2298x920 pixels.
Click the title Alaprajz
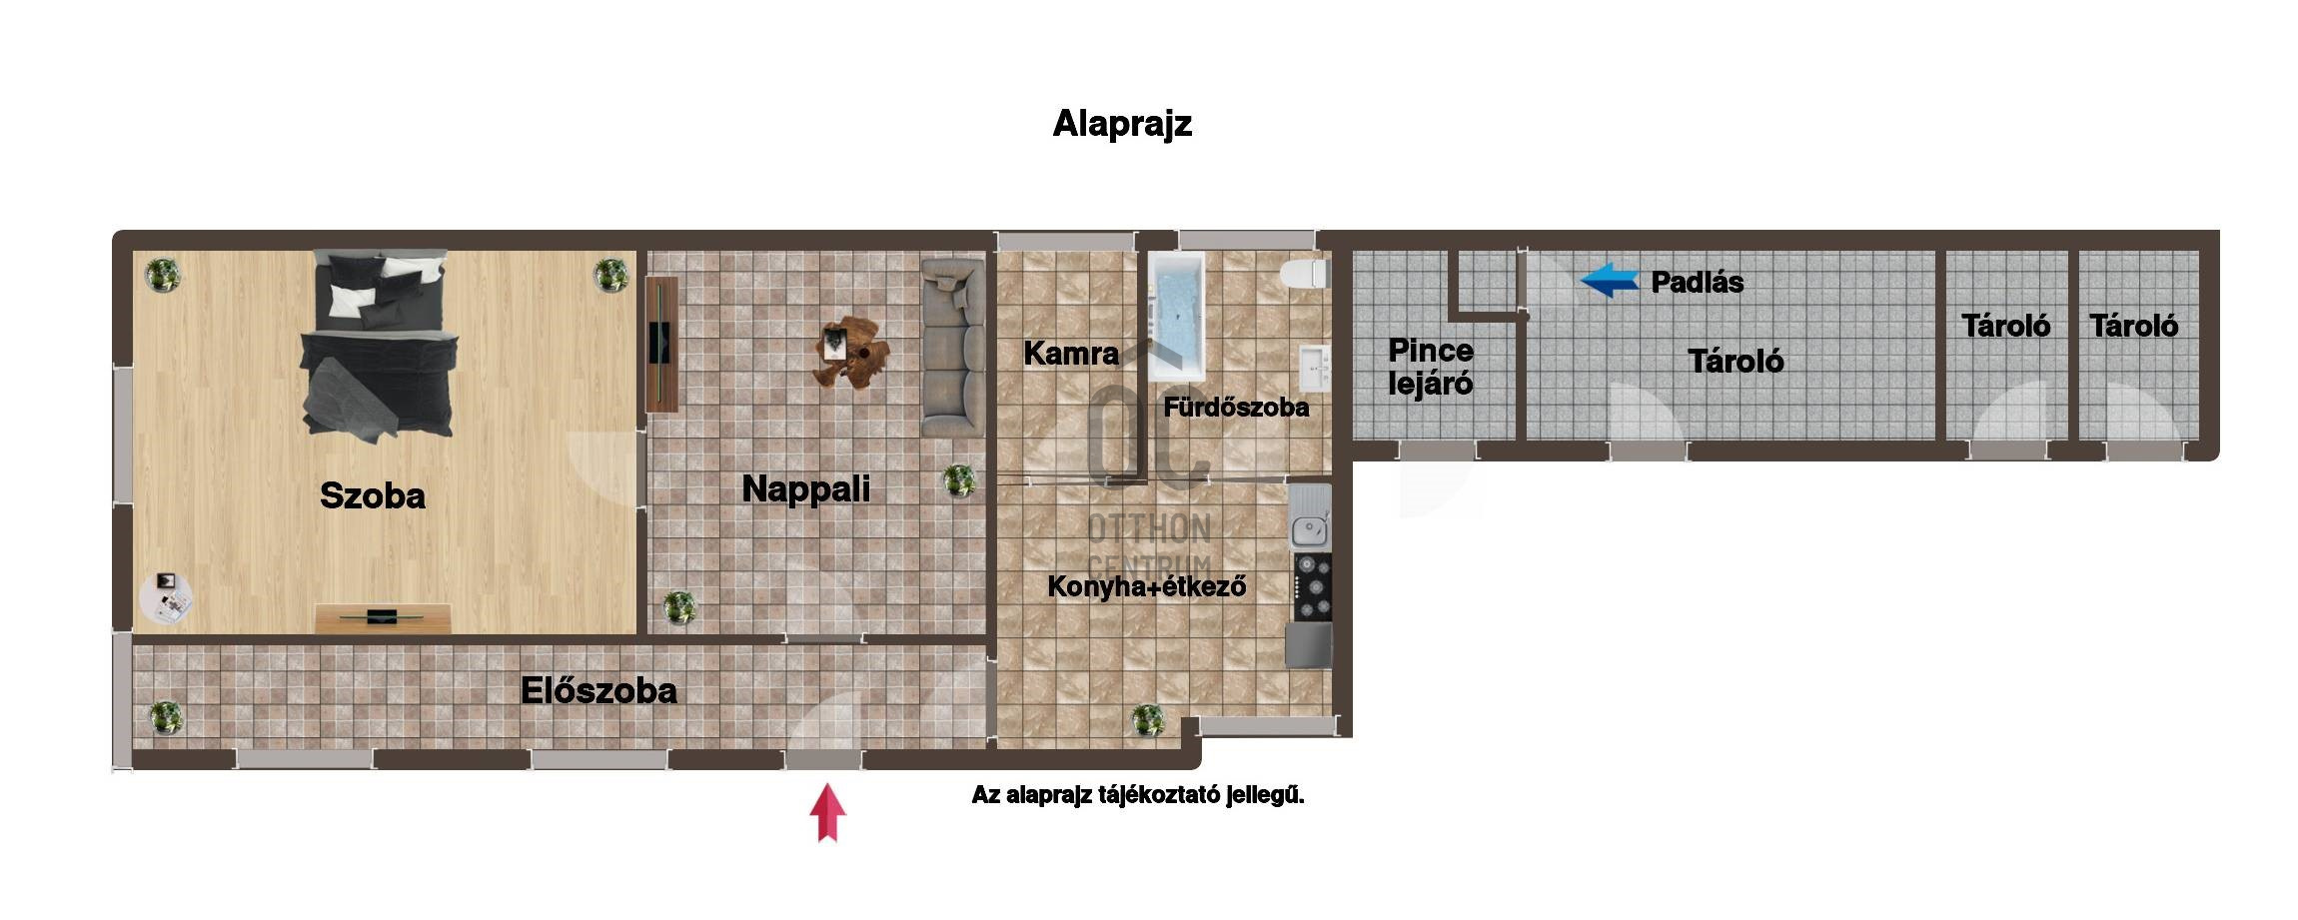[1122, 124]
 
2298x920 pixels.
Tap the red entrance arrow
[827, 812]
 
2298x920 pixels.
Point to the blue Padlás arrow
[1610, 280]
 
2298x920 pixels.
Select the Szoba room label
[372, 495]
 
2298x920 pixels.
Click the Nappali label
[805, 488]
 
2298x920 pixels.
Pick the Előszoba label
[598, 690]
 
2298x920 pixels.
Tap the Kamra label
[1071, 353]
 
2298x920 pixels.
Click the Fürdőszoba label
[1236, 407]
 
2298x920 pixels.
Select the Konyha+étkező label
[1146, 586]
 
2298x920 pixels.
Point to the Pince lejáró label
[1431, 367]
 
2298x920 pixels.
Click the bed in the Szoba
[380, 345]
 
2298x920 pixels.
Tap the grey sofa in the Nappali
[952, 348]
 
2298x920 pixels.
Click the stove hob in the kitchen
[1313, 586]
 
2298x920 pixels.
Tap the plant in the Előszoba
[165, 716]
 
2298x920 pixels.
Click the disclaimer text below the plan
[1138, 795]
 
